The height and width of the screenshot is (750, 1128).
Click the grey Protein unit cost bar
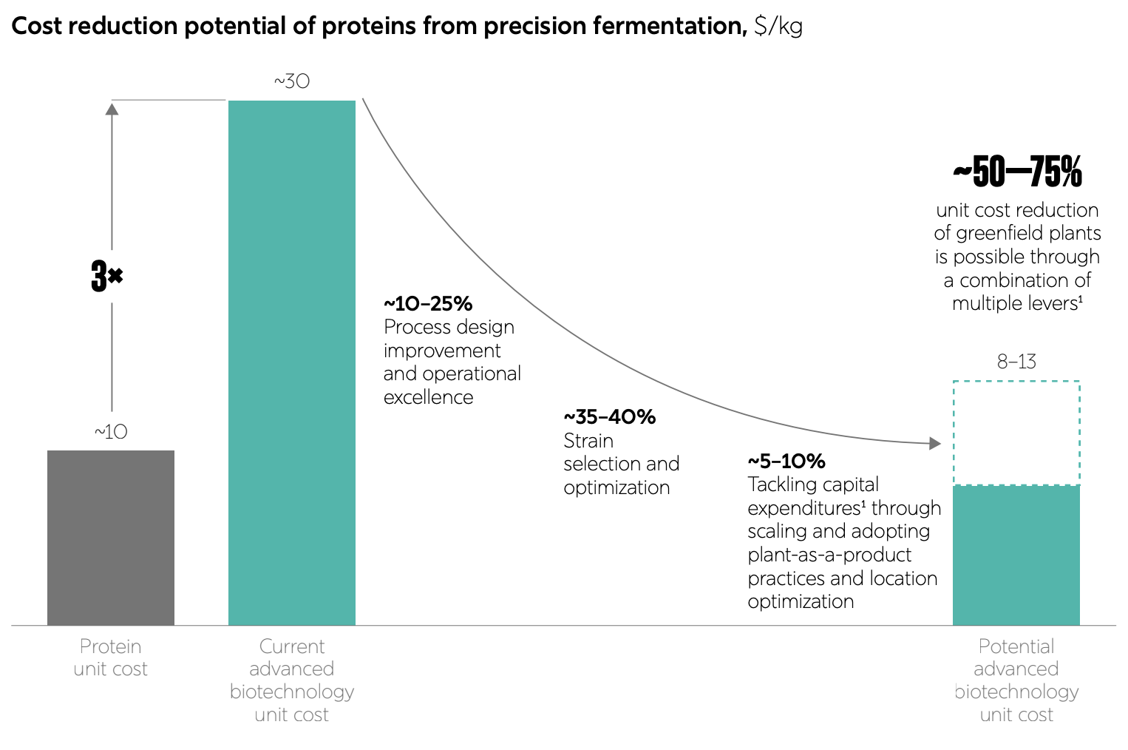[111, 538]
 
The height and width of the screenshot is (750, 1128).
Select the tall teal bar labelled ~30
[292, 362]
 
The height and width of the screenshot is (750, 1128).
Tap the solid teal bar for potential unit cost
[1016, 555]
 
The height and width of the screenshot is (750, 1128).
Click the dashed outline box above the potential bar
[1016, 433]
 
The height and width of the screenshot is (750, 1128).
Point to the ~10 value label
[111, 432]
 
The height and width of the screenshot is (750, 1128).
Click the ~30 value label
[292, 81]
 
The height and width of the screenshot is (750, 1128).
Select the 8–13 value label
[1016, 362]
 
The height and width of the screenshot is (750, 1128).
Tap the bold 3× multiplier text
[106, 276]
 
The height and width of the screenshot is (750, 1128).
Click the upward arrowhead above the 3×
[112, 109]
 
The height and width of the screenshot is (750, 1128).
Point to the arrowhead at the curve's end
[935, 443]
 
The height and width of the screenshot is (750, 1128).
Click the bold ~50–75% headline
[1017, 172]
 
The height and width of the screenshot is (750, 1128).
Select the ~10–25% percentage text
[428, 304]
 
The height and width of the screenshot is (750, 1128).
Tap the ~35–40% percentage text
[610, 417]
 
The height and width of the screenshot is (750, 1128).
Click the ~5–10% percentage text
[786, 462]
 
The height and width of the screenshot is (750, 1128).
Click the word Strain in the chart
[588, 441]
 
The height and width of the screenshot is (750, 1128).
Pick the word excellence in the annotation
[428, 397]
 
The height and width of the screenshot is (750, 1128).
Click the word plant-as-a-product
[829, 555]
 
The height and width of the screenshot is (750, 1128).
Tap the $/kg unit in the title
[778, 26]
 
